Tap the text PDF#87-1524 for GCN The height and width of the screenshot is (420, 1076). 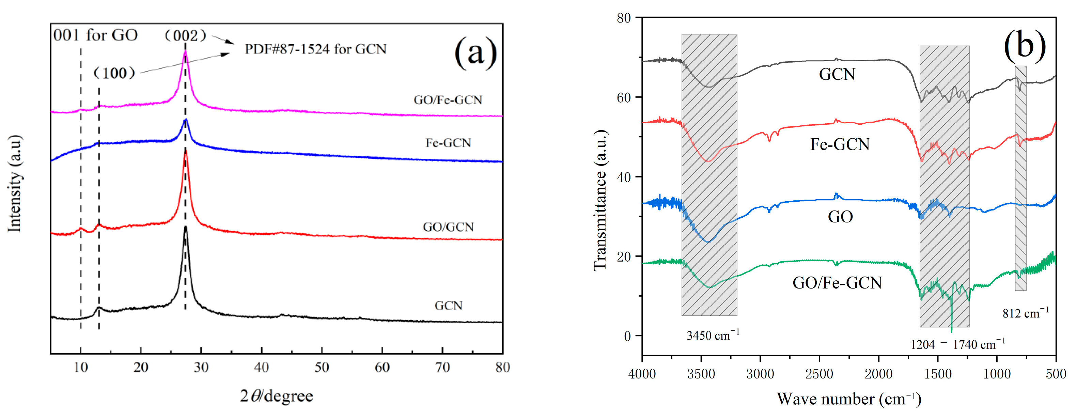pyautogui.click(x=315, y=49)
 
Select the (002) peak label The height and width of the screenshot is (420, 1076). pyautogui.click(x=185, y=35)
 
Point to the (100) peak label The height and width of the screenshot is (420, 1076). pyautogui.click(x=114, y=73)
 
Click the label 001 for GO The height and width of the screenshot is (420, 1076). pyautogui.click(x=95, y=35)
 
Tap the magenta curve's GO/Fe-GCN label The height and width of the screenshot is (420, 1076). pyautogui.click(x=448, y=100)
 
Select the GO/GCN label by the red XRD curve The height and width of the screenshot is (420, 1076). pyautogui.click(x=448, y=227)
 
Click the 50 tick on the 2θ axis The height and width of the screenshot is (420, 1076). pyautogui.click(x=322, y=367)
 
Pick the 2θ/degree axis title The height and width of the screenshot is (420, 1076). pyautogui.click(x=276, y=396)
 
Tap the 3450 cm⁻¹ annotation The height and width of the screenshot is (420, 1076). pyautogui.click(x=713, y=335)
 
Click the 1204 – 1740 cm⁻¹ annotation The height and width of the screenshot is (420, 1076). pyautogui.click(x=957, y=344)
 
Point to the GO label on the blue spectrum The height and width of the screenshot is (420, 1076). pyautogui.click(x=840, y=217)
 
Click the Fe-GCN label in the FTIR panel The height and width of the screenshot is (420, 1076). pyautogui.click(x=840, y=144)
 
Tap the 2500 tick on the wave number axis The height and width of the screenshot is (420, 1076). pyautogui.click(x=819, y=374)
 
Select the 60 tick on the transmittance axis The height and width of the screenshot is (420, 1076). pyautogui.click(x=624, y=97)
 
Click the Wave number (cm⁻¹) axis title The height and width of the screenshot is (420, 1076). pyautogui.click(x=849, y=399)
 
